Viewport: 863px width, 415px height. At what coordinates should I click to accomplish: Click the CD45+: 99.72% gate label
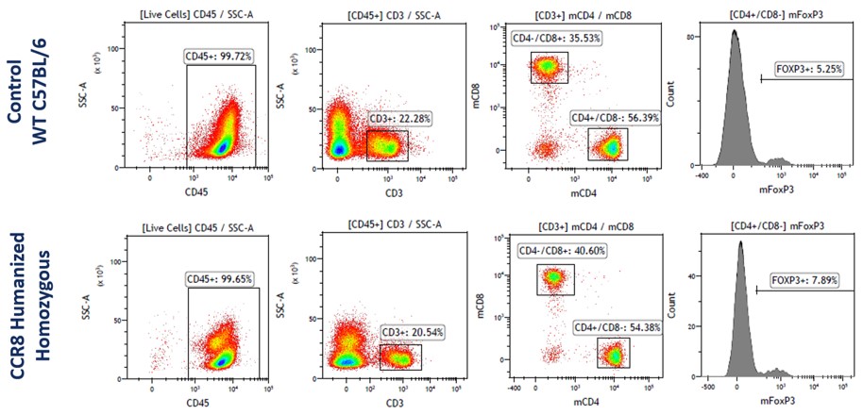(x=224, y=57)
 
